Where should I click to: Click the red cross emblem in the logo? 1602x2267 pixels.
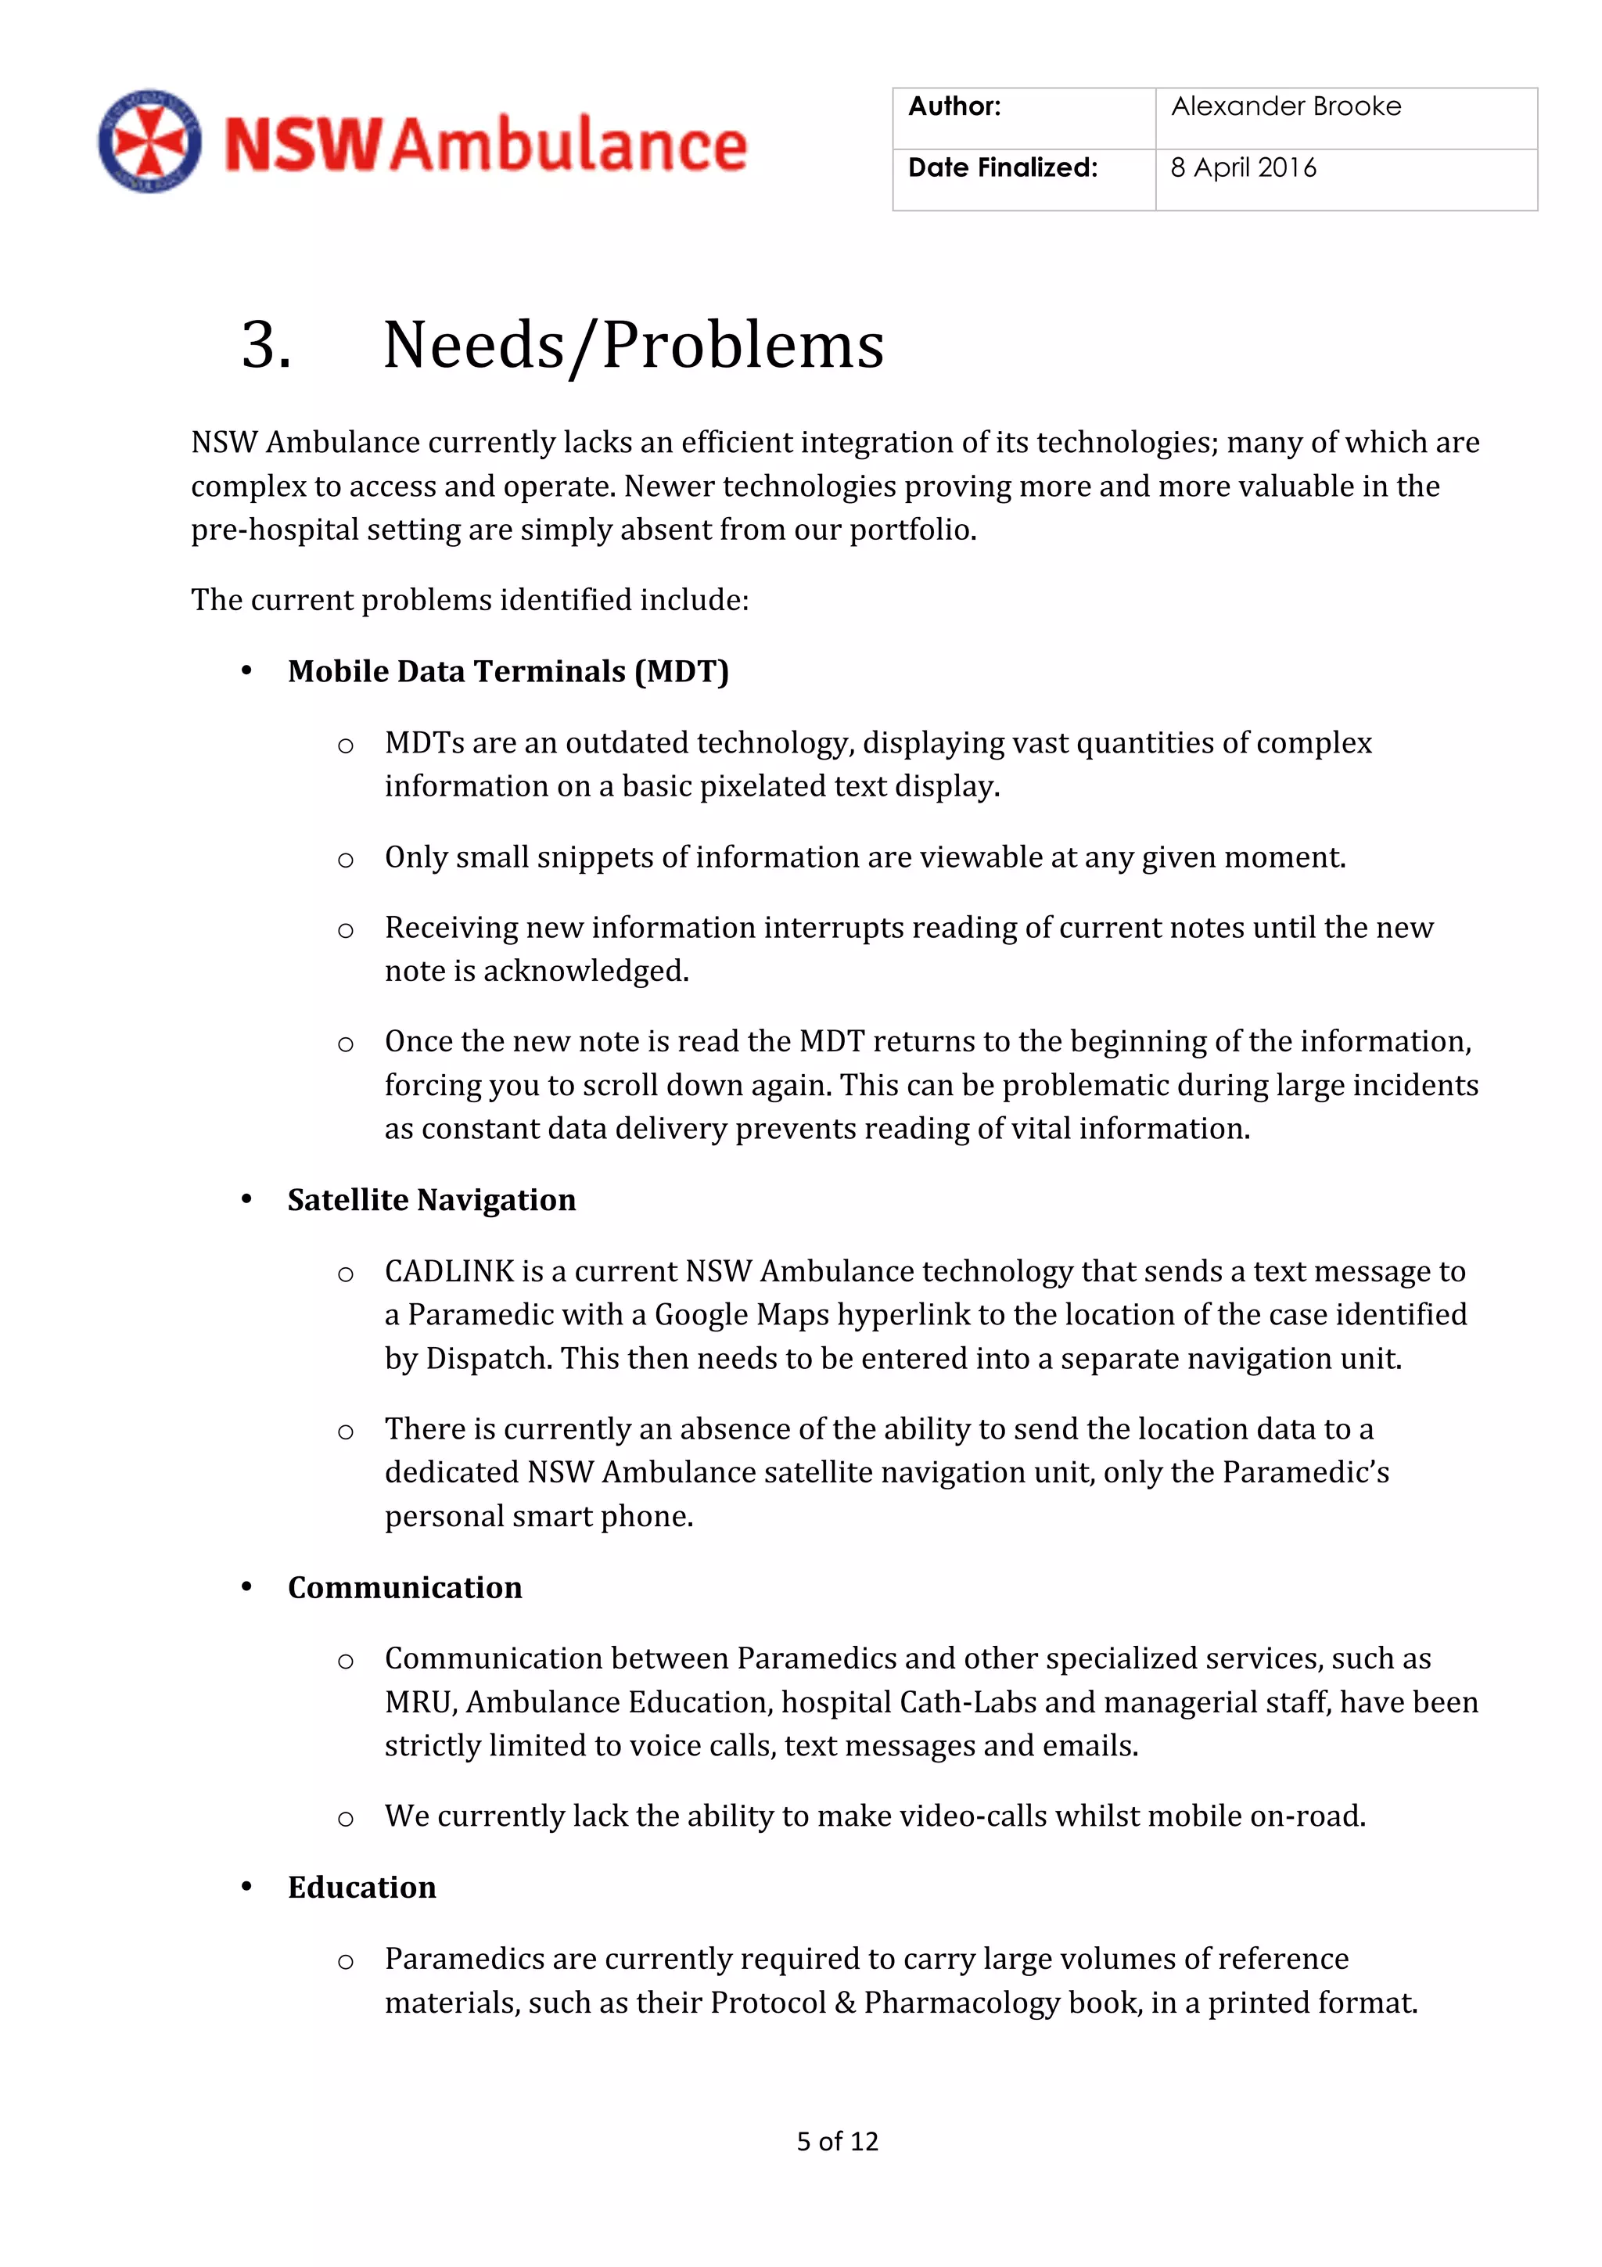coord(149,141)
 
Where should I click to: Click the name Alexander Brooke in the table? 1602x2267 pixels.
coord(1285,106)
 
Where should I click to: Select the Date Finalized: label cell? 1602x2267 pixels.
coord(1002,169)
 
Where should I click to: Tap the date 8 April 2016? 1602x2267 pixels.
coord(1243,169)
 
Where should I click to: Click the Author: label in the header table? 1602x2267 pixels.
coord(954,106)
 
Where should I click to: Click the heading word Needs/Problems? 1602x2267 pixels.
coord(633,346)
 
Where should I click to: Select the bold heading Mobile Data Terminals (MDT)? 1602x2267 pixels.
coord(508,671)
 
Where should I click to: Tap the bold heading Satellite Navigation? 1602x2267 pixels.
coord(431,1200)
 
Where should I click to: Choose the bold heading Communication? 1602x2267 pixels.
coord(404,1588)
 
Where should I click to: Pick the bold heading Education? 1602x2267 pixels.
coord(361,1888)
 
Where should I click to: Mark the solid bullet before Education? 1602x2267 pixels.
coord(246,1887)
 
